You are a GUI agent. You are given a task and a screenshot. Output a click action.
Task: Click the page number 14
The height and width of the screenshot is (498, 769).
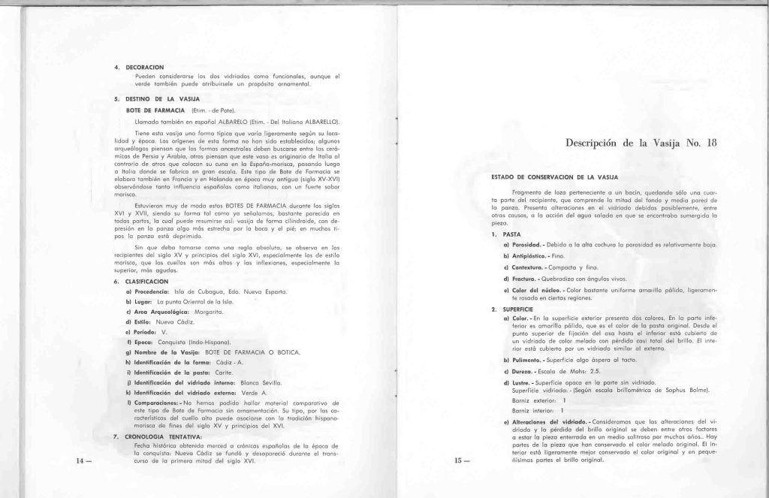click(79, 460)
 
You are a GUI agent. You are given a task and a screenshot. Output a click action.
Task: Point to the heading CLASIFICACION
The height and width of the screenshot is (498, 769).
click(146, 281)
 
